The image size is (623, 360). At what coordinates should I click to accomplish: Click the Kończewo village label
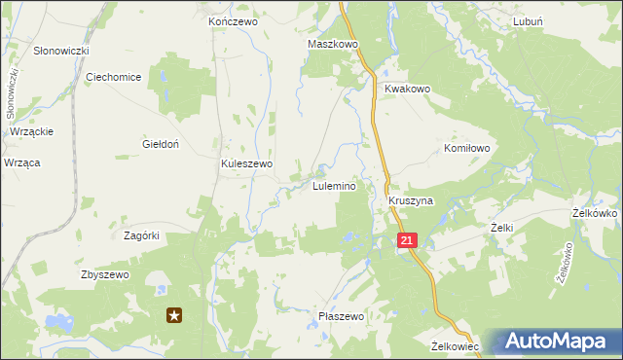(x=232, y=20)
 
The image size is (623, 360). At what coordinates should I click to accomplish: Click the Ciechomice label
(x=114, y=77)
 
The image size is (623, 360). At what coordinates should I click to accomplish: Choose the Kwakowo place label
(x=407, y=89)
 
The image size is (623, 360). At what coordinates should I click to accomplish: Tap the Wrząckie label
(x=31, y=131)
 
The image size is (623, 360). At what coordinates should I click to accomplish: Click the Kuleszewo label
(x=247, y=164)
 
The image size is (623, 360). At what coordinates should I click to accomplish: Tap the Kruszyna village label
(x=410, y=200)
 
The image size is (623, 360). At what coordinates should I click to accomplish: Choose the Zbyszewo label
(x=104, y=274)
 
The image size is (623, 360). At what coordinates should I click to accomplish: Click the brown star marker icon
(x=175, y=314)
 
